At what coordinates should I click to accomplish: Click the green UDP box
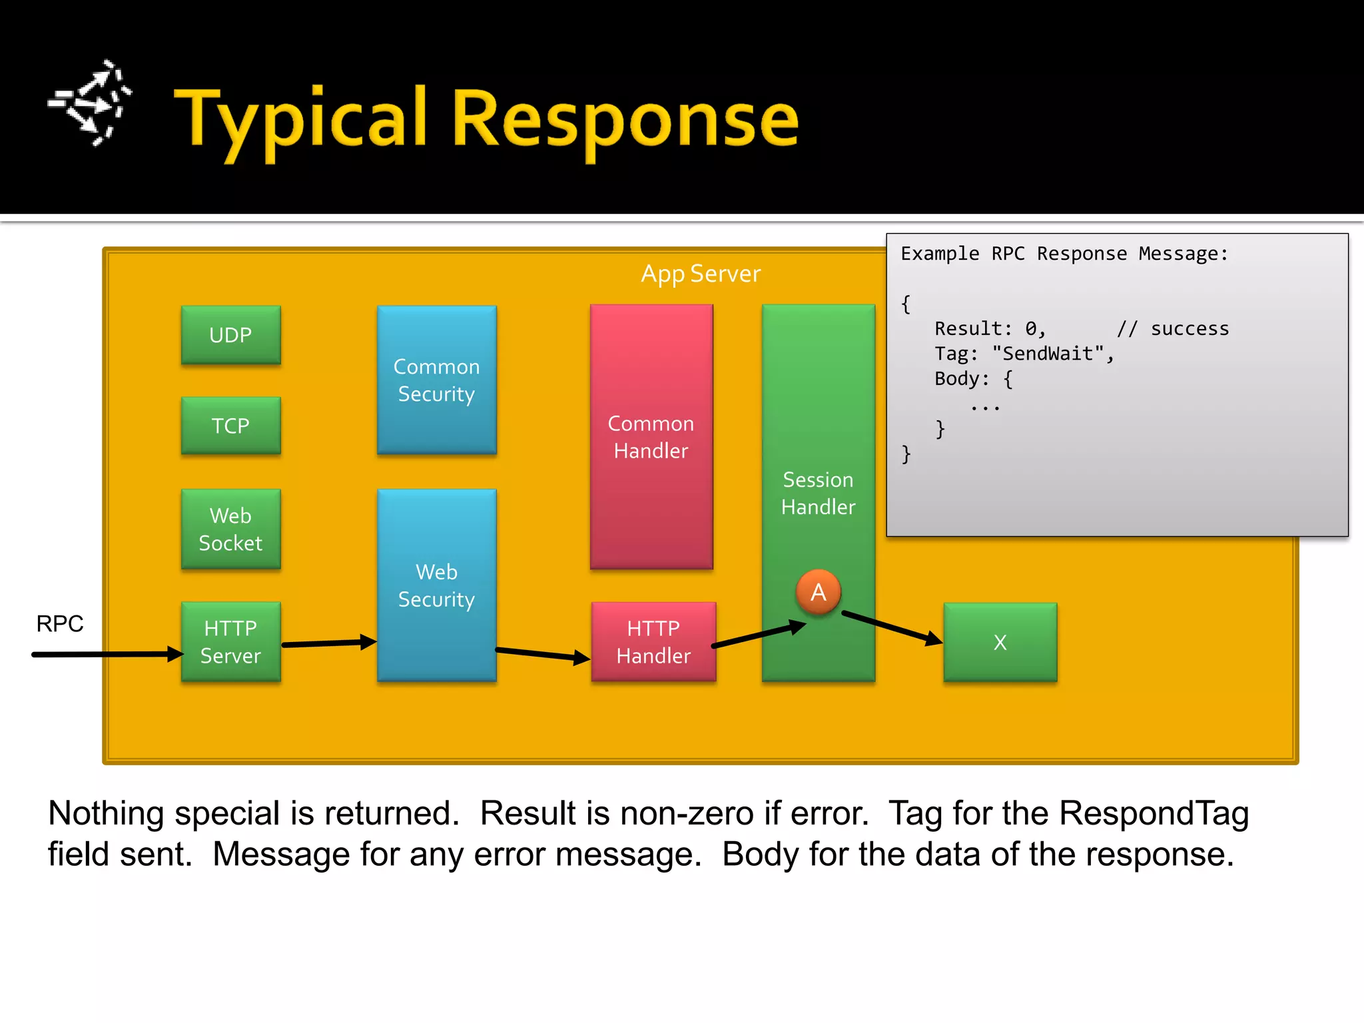230,335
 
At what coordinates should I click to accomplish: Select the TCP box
230,426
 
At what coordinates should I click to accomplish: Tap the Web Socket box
230,529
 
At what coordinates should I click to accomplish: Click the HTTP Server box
230,642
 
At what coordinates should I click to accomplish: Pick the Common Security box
436,380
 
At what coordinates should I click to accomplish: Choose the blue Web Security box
436,585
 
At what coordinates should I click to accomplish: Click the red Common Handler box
651,437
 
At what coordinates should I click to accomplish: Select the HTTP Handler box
653,642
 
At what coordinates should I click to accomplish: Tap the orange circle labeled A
818,592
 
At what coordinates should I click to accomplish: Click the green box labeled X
1000,643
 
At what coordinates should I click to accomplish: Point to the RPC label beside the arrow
60,624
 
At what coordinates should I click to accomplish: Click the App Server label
700,274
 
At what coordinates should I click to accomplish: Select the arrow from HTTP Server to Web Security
329,643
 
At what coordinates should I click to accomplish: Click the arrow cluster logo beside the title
91,103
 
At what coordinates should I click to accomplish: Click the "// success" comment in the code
1172,329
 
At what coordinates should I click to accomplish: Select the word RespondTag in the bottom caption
1154,813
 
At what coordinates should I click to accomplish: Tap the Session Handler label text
818,494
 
